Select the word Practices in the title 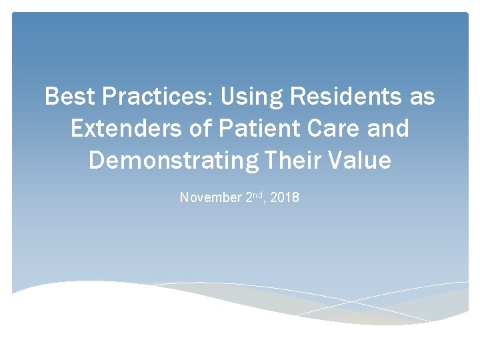pos(155,97)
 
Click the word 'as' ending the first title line pos(422,97)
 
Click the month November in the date pos(210,197)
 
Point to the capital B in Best pos(52,97)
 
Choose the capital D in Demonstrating pos(97,161)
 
